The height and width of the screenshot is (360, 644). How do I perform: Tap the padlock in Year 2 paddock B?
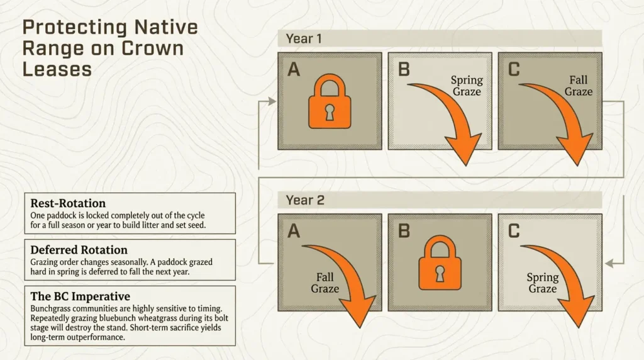(x=440, y=265)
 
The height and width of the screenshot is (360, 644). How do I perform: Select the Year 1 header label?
(x=304, y=38)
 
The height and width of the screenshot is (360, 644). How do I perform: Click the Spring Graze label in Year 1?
(x=467, y=86)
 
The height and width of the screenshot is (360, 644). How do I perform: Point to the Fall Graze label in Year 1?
(x=578, y=86)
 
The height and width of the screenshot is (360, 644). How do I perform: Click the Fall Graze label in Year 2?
(x=325, y=283)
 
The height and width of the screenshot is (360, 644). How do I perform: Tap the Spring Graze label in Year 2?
(x=542, y=283)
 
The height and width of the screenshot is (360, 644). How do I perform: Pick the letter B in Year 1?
(x=404, y=69)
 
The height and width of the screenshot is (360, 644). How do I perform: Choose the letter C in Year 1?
(x=514, y=69)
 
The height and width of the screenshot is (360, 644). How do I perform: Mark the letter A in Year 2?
(x=294, y=231)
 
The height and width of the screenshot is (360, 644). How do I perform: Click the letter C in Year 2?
(x=514, y=231)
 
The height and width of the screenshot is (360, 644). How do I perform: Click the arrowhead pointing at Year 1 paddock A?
(x=272, y=101)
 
